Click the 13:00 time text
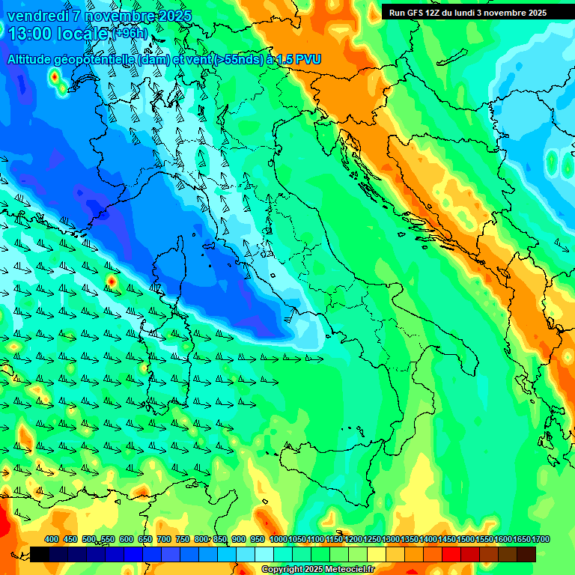(x=30, y=34)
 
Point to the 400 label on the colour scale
(x=52, y=539)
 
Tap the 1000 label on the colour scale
(x=278, y=539)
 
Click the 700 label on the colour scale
(x=164, y=539)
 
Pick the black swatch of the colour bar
(x=40, y=554)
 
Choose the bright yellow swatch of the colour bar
(x=377, y=554)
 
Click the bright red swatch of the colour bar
(x=451, y=554)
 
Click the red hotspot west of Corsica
(x=111, y=281)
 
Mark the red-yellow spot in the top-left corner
(x=54, y=76)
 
